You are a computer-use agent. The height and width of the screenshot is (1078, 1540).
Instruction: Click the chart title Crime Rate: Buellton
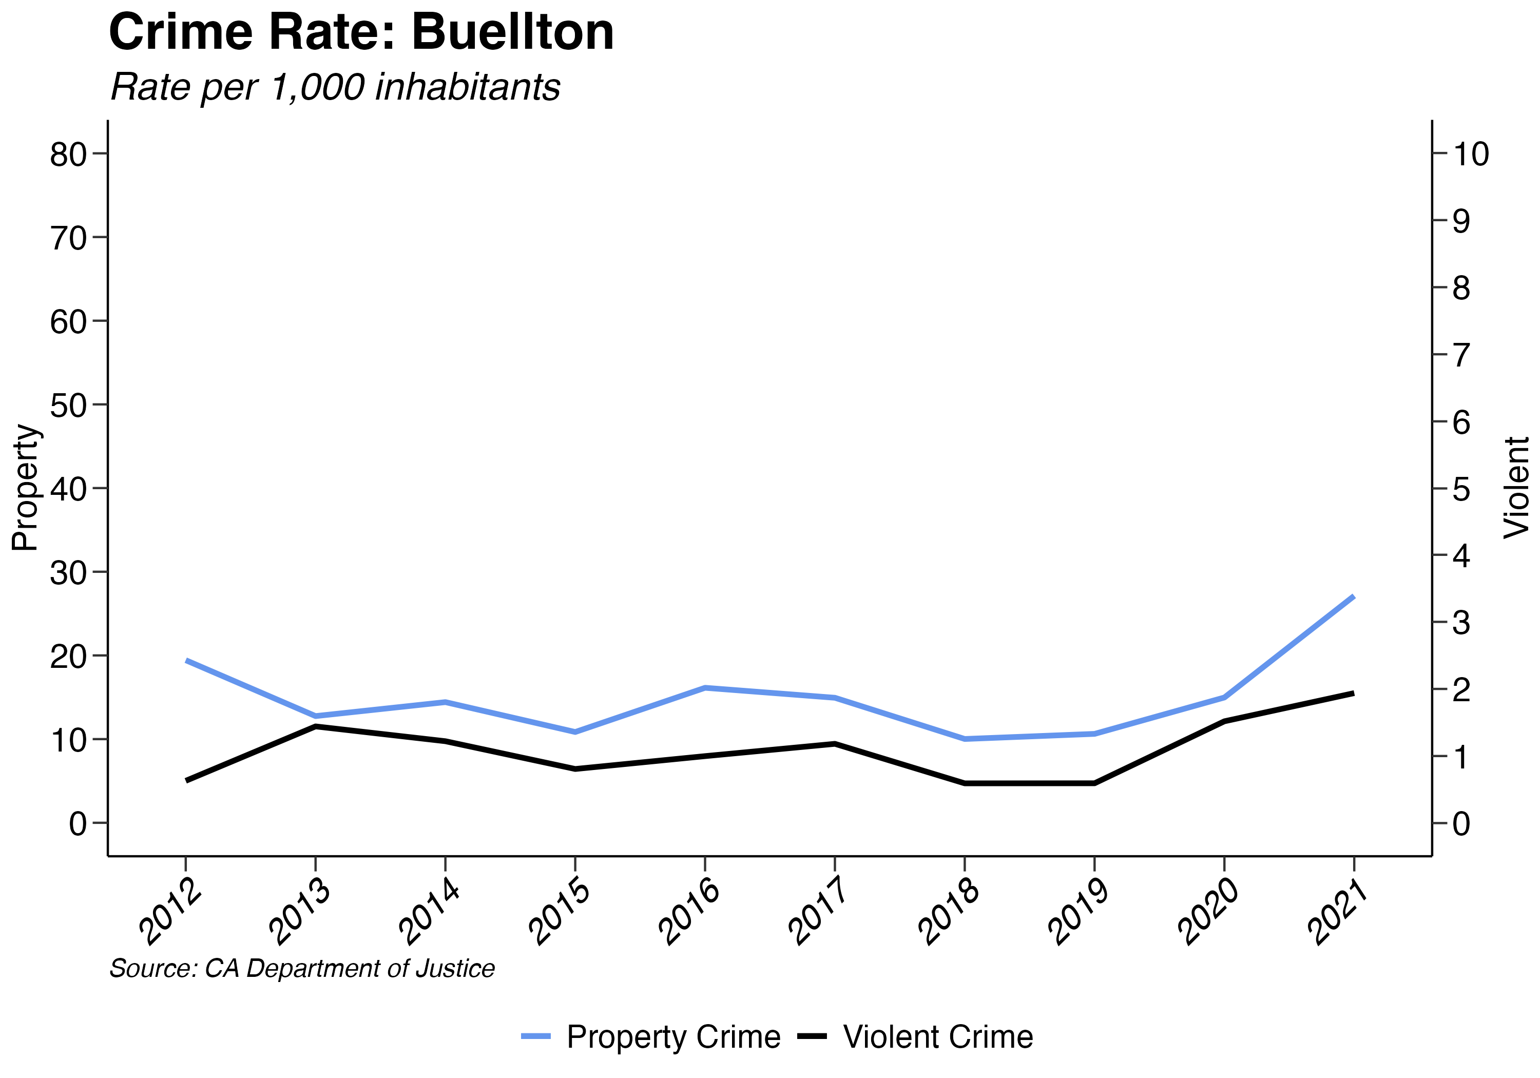click(x=361, y=32)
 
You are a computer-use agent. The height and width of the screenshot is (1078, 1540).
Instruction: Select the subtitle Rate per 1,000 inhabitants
click(x=335, y=87)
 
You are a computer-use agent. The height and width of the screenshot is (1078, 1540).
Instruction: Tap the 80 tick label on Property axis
click(x=68, y=155)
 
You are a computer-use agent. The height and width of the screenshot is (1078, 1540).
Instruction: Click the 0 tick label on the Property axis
click(x=78, y=824)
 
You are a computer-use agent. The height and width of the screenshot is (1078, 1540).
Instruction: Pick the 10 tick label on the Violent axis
click(x=1471, y=155)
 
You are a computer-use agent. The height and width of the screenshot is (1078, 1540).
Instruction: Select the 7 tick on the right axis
click(x=1461, y=355)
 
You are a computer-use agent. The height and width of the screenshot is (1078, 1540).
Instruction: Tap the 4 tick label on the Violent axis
click(x=1461, y=555)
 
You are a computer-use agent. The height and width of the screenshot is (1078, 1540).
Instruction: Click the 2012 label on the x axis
click(x=170, y=912)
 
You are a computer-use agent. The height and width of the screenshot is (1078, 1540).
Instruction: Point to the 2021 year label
click(x=1339, y=912)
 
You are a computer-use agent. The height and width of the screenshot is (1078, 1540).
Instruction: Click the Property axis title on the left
click(x=26, y=488)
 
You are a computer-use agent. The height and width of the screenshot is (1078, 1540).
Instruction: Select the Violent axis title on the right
click(x=1516, y=488)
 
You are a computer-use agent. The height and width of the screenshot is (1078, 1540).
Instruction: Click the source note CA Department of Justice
click(x=302, y=969)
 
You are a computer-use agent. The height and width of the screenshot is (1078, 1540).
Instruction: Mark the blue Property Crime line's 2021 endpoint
click(x=1353, y=596)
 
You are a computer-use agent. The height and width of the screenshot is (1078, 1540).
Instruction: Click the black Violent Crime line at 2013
click(x=315, y=726)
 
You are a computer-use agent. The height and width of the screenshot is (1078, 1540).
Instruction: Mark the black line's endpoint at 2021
click(x=1353, y=694)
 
